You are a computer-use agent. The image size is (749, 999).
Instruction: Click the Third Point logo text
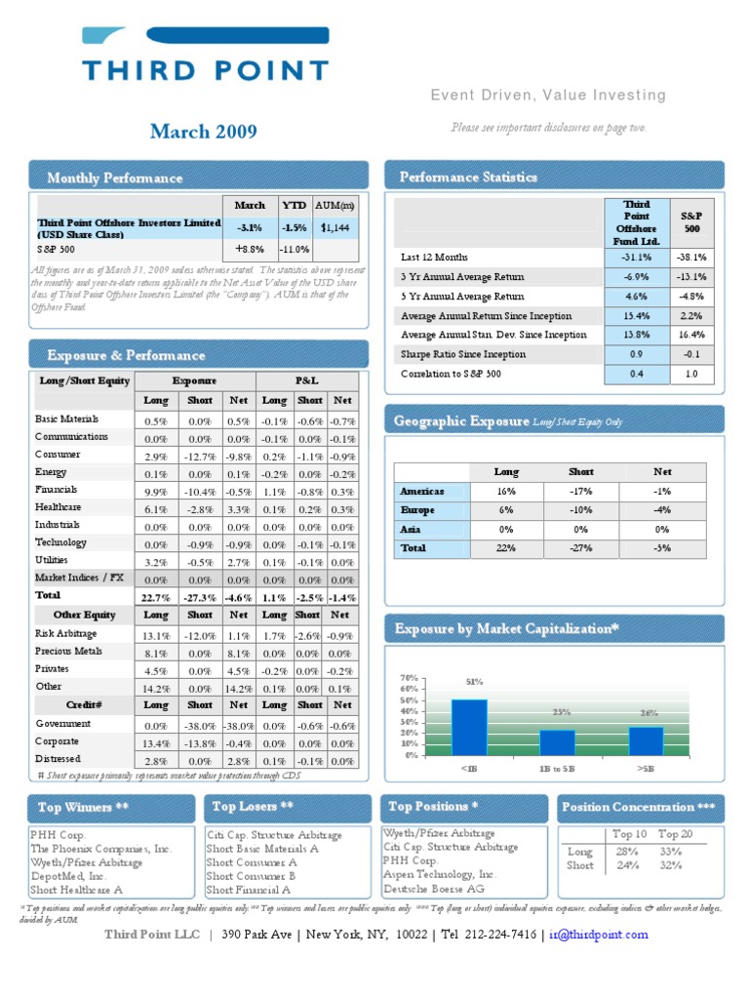click(x=205, y=69)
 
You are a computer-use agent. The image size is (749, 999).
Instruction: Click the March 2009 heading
click(x=204, y=132)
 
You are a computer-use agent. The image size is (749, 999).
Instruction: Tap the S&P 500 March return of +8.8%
click(x=250, y=250)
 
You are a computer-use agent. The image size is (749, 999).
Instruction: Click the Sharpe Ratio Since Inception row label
click(x=463, y=354)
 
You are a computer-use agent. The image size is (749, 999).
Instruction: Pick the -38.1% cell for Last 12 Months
click(x=690, y=258)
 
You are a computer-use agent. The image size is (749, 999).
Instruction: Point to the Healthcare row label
click(x=58, y=507)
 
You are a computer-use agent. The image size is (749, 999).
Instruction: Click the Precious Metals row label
click(x=68, y=651)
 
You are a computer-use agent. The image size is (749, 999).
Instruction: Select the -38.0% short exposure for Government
click(x=199, y=726)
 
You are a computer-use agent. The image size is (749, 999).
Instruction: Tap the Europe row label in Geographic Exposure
click(x=416, y=510)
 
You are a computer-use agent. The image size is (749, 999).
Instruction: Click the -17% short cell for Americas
click(x=581, y=492)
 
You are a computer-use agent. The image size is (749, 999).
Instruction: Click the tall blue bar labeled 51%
click(x=469, y=727)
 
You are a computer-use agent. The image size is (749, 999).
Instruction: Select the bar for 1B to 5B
click(x=557, y=742)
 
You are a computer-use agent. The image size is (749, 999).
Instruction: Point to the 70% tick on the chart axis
click(x=409, y=677)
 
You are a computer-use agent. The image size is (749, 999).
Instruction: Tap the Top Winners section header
click(x=83, y=808)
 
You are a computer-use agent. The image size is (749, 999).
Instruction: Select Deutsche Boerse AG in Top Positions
click(x=433, y=889)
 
